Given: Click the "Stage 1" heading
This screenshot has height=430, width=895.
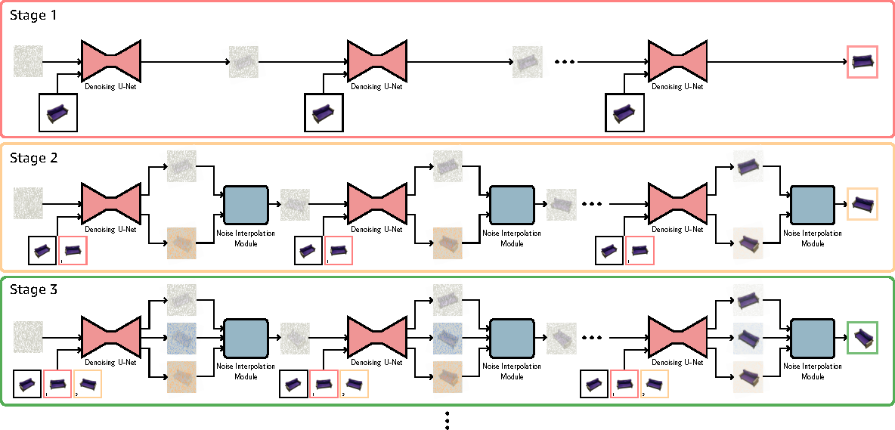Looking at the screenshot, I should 33,15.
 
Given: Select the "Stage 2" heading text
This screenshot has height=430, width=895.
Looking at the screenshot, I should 33,158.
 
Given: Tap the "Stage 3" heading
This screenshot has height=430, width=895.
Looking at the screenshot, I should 33,289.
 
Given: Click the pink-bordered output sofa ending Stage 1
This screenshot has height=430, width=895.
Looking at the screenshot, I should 862,61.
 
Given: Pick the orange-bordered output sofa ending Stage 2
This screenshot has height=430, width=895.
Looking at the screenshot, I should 862,203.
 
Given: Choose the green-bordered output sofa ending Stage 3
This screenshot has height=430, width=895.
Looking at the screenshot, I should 862,337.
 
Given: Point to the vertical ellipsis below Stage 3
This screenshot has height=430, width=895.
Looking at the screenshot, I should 447,420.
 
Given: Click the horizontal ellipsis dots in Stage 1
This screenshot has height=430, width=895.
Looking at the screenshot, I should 565,62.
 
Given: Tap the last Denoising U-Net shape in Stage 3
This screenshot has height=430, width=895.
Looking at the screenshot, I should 679,336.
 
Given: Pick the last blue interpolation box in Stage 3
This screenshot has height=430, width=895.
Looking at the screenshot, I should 813,336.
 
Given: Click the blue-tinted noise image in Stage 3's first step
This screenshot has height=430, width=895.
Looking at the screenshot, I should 181,337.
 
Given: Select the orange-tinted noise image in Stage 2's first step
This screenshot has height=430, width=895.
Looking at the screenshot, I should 181,243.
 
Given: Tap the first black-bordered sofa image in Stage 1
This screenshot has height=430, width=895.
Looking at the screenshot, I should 58,113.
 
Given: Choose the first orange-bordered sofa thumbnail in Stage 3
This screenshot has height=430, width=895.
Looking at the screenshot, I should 87,384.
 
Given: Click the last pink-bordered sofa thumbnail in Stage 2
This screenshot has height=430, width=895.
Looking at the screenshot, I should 640,250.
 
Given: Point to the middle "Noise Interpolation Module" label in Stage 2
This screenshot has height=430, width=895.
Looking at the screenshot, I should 512,238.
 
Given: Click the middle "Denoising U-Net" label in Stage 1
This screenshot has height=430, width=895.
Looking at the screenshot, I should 376,87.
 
